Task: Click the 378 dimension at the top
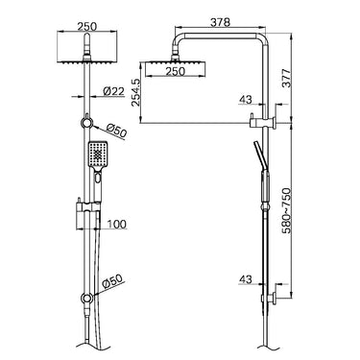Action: pos(220,22)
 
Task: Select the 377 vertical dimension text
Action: pos(287,78)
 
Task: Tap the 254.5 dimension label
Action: pos(135,92)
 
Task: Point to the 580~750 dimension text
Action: pos(287,210)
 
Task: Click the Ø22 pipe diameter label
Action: pos(113,91)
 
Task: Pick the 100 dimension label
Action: pos(116,224)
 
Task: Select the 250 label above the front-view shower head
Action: pos(87,26)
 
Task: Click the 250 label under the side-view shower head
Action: pos(175,71)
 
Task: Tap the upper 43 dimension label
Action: pos(246,100)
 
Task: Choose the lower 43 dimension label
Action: pos(246,279)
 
